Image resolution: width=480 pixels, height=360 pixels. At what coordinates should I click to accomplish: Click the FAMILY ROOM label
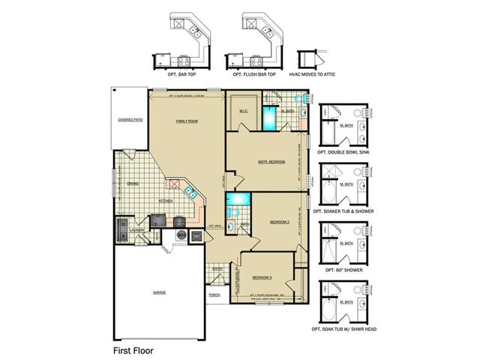pyautogui.click(x=186, y=121)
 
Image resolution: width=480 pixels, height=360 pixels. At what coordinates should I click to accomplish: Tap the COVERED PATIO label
pyautogui.click(x=130, y=120)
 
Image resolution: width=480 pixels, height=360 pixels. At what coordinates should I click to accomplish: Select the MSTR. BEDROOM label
pyautogui.click(x=271, y=161)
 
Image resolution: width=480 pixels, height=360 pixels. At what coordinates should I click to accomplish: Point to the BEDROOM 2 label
pyautogui.click(x=280, y=221)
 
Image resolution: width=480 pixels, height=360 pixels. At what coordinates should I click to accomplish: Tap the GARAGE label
pyautogui.click(x=160, y=292)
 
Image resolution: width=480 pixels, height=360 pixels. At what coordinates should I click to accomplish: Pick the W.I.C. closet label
pyautogui.click(x=244, y=111)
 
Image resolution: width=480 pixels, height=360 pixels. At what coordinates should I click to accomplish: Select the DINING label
pyautogui.click(x=132, y=184)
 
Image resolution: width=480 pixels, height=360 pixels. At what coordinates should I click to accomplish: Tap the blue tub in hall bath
pyautogui.click(x=238, y=200)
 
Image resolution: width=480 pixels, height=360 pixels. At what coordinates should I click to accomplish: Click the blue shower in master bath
pyautogui.click(x=269, y=118)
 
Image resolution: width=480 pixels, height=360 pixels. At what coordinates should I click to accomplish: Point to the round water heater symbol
pyautogui.click(x=181, y=235)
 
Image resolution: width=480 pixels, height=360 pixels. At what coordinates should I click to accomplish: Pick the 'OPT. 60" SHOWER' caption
pyautogui.click(x=343, y=269)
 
